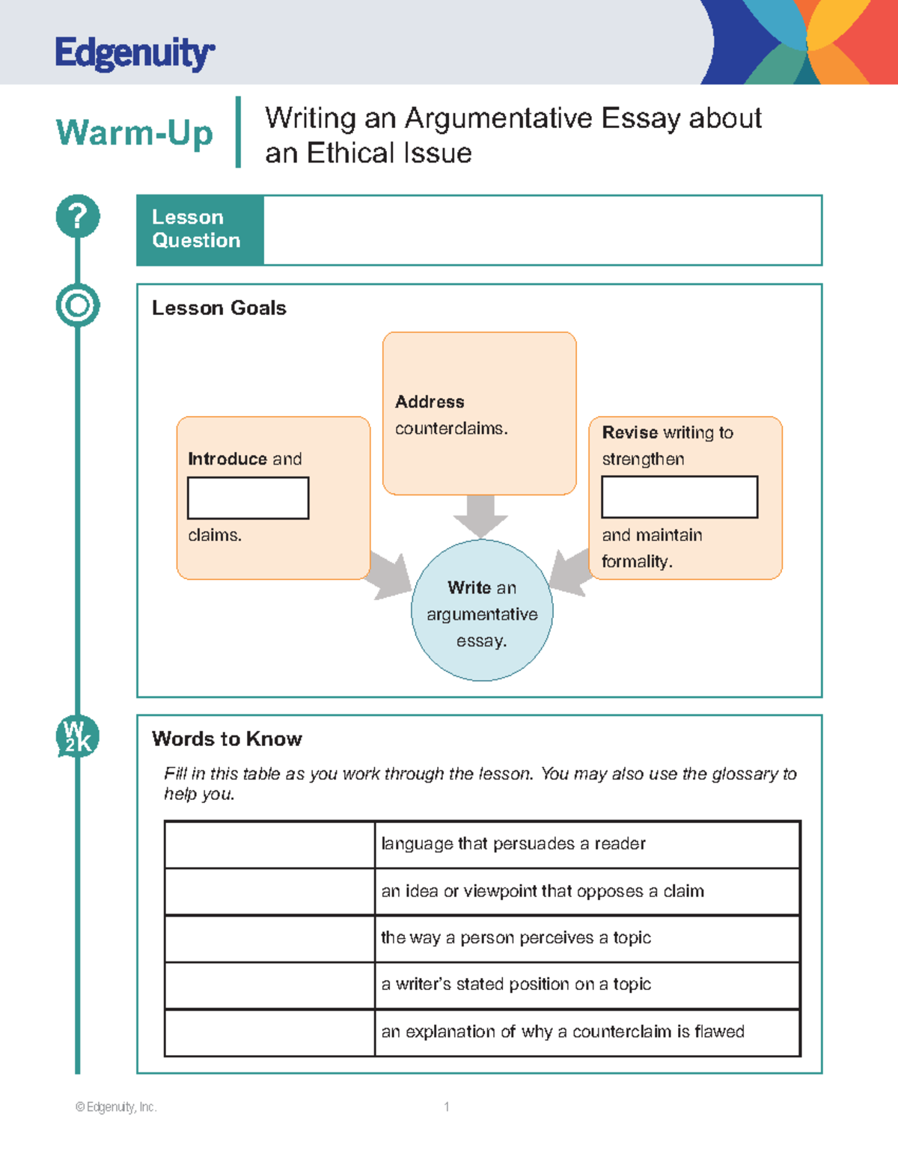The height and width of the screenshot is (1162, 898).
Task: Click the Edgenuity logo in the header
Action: coord(135,54)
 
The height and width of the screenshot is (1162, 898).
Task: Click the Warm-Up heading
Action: coord(135,134)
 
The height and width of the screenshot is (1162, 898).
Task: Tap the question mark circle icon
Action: coord(78,216)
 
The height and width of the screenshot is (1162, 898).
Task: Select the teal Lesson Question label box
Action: coord(200,230)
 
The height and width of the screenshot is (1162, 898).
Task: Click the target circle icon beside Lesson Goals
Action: coord(78,305)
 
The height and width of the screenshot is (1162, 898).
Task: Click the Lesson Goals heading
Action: coord(219,308)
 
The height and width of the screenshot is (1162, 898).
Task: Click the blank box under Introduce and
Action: coord(248,498)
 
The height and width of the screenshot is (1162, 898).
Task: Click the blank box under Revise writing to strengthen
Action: coord(679,497)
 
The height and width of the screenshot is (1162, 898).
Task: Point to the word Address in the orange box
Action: coord(430,402)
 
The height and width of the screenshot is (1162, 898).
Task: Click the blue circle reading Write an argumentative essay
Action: coord(482,611)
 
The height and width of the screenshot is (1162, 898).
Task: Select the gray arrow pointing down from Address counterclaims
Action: coord(480,516)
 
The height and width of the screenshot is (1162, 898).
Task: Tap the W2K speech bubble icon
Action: coord(77,736)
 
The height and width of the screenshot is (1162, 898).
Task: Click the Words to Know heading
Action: coord(227,739)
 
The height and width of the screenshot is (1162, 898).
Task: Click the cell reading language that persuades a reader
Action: coord(513,844)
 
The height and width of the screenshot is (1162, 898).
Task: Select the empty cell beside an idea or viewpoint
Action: coord(269,891)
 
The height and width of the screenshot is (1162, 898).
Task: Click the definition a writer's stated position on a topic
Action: coord(516,985)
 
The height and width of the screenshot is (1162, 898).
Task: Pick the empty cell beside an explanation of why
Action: coord(269,1033)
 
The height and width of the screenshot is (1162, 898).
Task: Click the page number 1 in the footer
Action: coord(447,1107)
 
